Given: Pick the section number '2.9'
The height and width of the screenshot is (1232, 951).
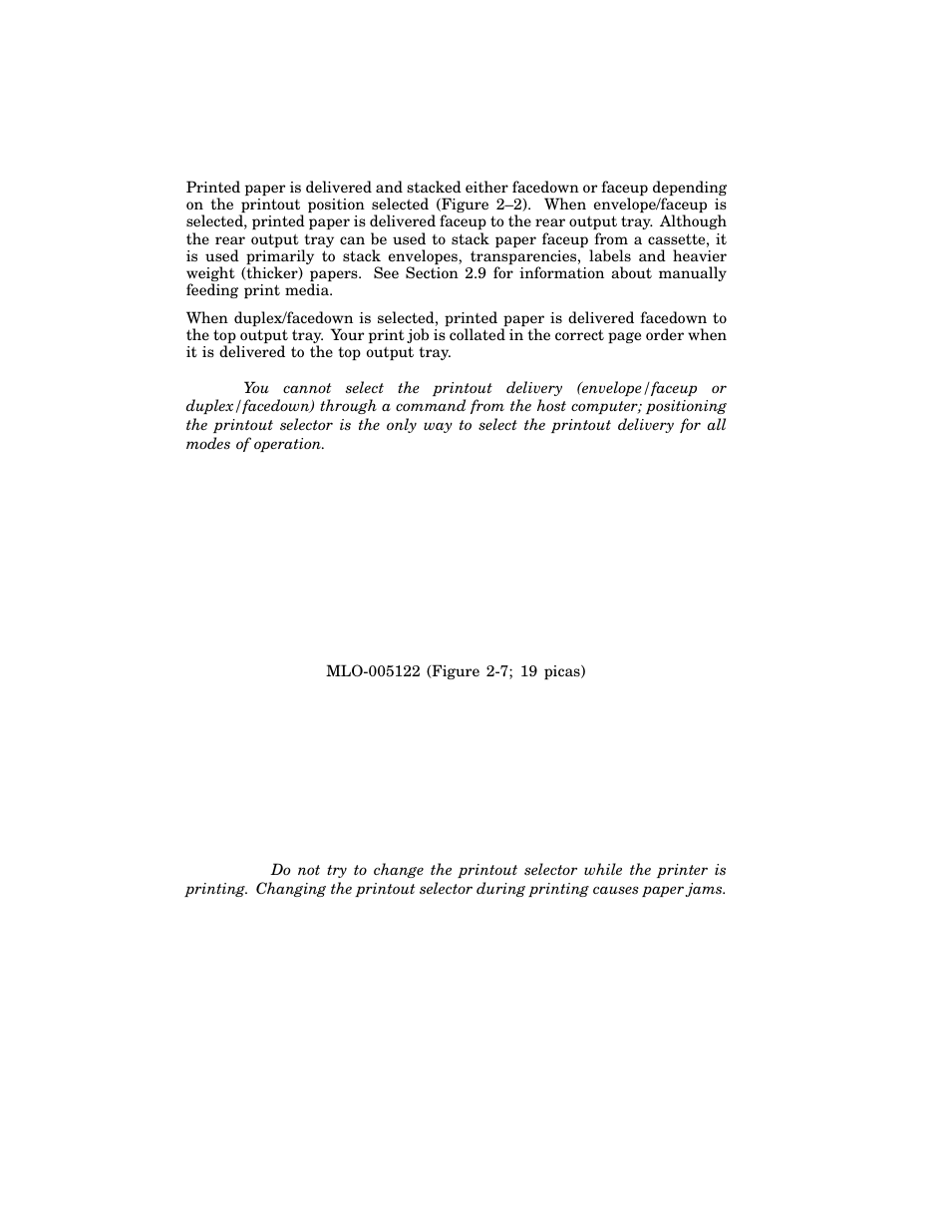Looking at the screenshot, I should coord(475,273).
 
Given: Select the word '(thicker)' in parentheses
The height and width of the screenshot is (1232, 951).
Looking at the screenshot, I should coord(270,273).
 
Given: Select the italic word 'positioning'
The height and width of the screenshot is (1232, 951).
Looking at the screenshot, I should coord(687,406).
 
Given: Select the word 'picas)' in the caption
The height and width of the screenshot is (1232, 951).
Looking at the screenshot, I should coord(563,671).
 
